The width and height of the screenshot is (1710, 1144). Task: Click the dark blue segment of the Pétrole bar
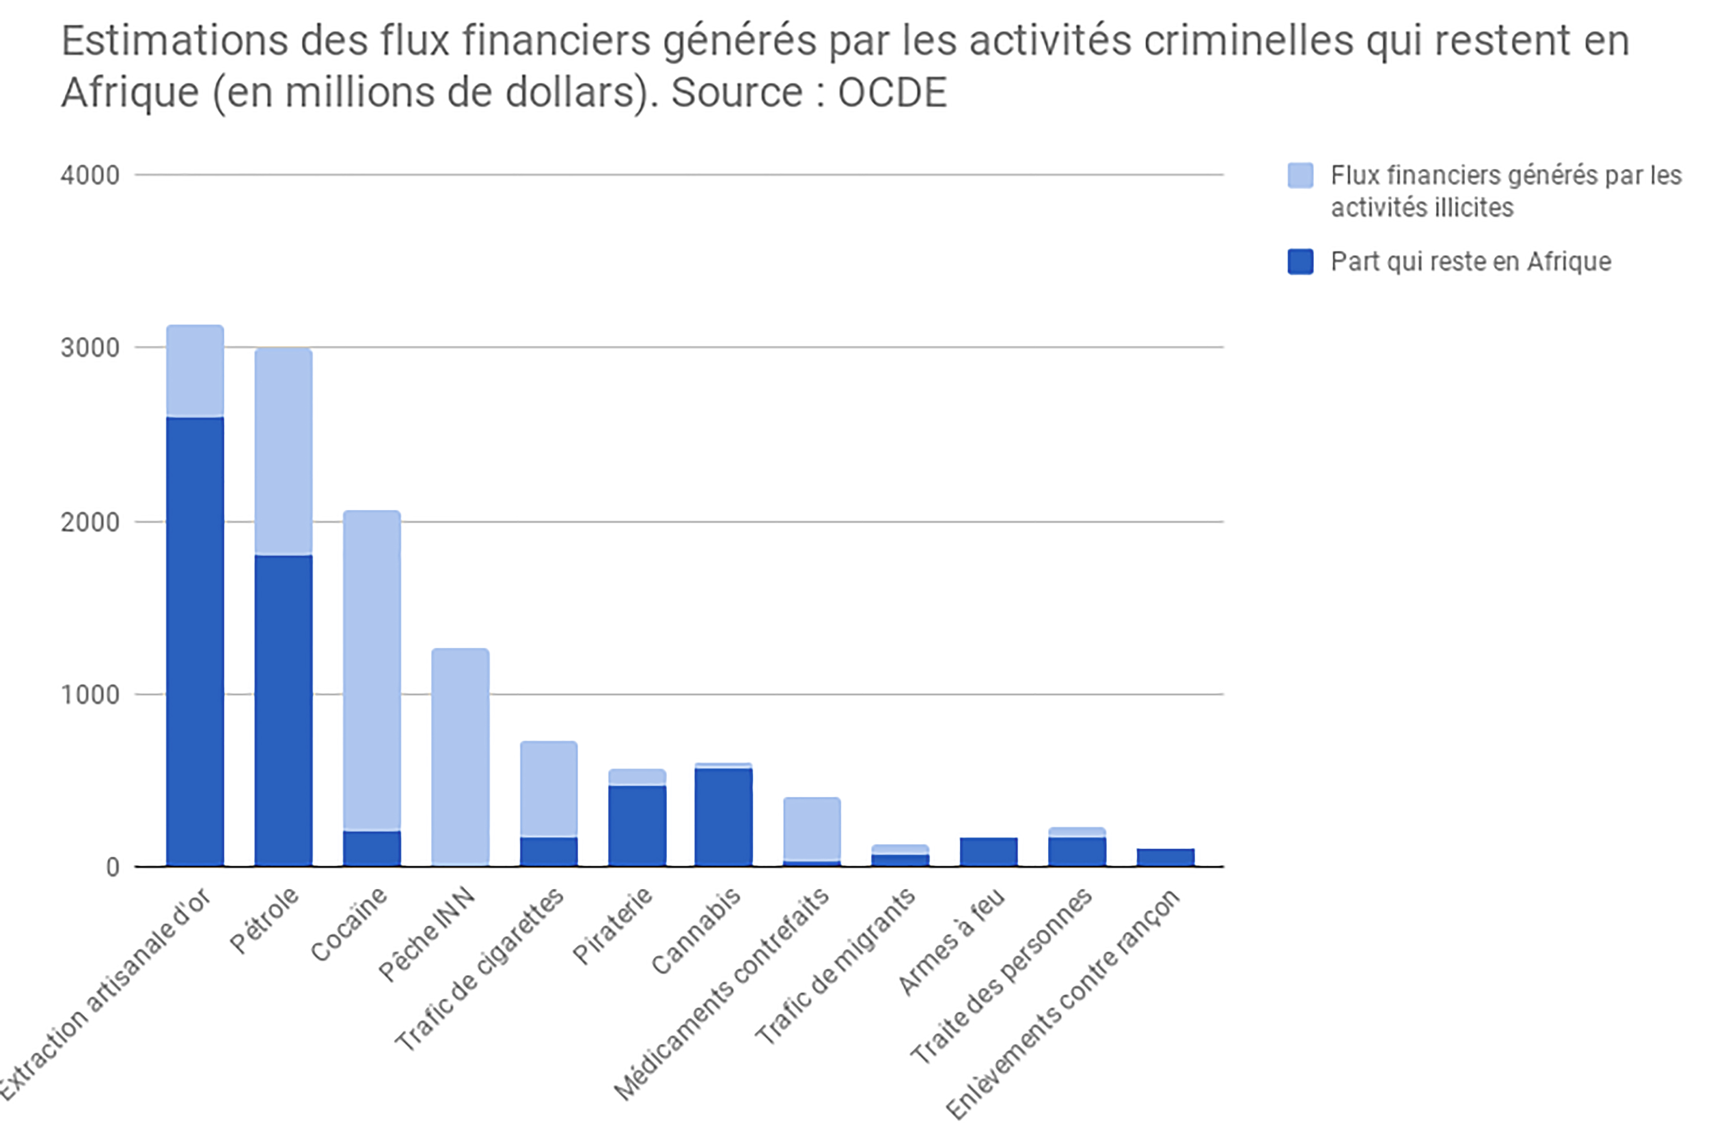click(x=283, y=711)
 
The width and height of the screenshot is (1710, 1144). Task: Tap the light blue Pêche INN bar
click(x=460, y=757)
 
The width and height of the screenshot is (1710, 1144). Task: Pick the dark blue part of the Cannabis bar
click(x=723, y=817)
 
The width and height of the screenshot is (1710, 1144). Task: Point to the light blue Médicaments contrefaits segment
click(x=812, y=829)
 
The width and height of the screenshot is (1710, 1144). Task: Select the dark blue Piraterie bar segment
click(x=637, y=826)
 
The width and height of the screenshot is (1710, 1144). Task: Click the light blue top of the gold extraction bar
click(x=195, y=371)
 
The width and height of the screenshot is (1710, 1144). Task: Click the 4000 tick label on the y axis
click(x=90, y=175)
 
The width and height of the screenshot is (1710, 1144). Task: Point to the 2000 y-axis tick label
click(x=90, y=523)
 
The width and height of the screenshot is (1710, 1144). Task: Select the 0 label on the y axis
click(x=112, y=867)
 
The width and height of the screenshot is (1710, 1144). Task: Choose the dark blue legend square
click(x=1301, y=261)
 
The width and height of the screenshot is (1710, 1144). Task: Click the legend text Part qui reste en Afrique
click(x=1471, y=261)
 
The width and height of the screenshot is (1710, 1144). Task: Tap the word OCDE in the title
click(x=892, y=93)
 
